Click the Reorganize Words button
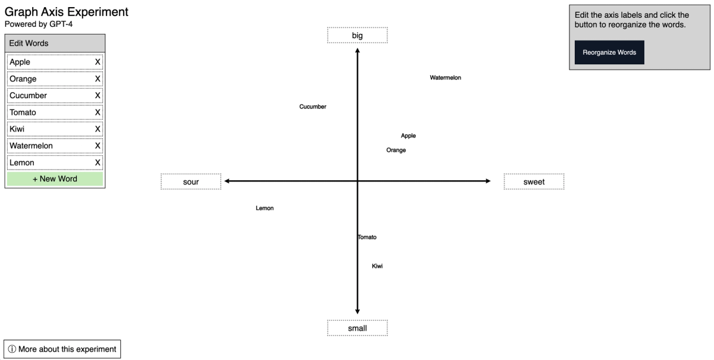pos(609,52)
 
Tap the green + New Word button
pos(55,179)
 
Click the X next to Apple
pos(98,62)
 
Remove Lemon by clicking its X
pos(98,162)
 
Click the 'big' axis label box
pos(358,35)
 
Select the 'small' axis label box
pos(358,328)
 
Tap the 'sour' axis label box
pos(191,181)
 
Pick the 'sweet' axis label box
pos(534,181)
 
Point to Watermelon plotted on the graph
pos(445,77)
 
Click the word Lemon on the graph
pos(265,208)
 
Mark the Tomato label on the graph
pos(367,237)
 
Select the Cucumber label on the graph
pos(313,107)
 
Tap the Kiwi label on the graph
pos(377,266)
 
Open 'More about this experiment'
pos(62,349)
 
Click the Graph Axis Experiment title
pos(66,12)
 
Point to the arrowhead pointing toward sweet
pos(488,181)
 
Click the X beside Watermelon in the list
pos(98,146)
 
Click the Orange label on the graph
pos(396,150)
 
